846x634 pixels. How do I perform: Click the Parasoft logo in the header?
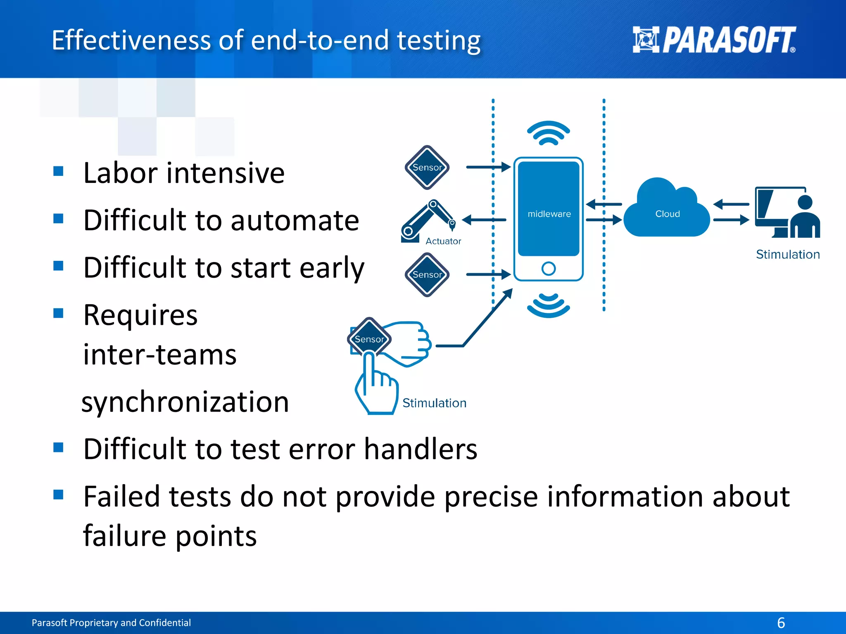click(714, 40)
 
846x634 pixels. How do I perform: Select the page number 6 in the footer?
click(781, 622)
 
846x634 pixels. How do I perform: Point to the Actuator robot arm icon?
click(428, 221)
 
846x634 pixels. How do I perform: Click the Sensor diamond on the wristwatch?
click(369, 338)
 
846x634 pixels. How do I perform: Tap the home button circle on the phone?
click(548, 269)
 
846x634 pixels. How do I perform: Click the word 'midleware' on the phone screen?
click(549, 214)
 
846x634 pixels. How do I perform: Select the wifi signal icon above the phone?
click(548, 133)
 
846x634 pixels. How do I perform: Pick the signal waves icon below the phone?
click(548, 305)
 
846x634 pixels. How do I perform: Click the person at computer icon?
click(787, 213)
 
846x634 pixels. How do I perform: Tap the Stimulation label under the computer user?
click(787, 254)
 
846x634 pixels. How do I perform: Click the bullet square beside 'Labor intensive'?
click(58, 171)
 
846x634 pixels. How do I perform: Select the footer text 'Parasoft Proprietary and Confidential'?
click(111, 622)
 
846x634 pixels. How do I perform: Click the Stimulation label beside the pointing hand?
click(434, 403)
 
